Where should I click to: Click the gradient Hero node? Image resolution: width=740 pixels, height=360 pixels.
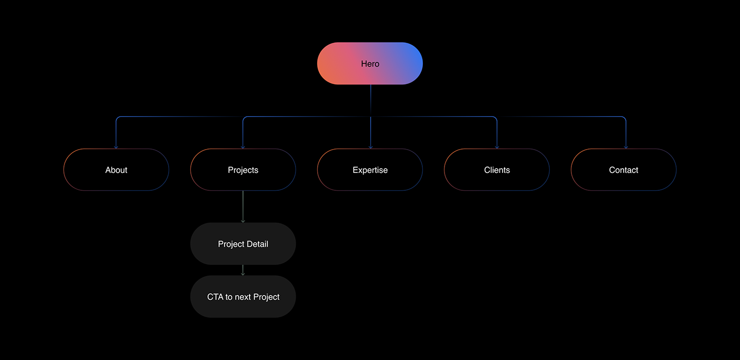point(370,63)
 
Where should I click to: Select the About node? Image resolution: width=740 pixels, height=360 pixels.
point(116,170)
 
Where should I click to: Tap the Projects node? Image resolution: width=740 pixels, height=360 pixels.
point(243,170)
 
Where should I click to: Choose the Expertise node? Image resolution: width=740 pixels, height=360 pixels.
point(370,170)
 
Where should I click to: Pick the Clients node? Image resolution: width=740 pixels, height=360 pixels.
point(497,170)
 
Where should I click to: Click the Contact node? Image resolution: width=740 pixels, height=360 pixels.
point(624,170)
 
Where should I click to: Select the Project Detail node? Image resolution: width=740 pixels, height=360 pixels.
point(243,244)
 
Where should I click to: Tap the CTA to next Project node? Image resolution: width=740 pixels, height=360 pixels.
point(243,297)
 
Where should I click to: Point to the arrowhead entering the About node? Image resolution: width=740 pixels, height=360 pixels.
point(116,147)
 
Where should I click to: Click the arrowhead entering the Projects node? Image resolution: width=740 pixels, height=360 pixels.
point(243,147)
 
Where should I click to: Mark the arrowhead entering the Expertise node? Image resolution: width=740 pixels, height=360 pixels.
point(371,147)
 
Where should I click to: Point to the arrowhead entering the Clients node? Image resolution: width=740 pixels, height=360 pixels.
point(497,147)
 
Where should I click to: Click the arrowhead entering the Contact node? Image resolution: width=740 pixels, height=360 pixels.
point(626,147)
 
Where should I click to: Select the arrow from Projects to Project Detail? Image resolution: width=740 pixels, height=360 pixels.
point(243,207)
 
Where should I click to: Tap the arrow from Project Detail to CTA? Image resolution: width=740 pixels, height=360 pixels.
point(243,270)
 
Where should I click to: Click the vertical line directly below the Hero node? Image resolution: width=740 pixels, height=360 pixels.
point(371,100)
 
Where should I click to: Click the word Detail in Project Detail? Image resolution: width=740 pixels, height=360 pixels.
point(257,244)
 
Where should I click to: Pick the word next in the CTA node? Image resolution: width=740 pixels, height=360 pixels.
point(243,297)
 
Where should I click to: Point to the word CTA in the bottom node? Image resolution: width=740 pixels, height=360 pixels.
point(215,297)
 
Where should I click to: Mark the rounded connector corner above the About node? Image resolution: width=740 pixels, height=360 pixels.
point(117,118)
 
